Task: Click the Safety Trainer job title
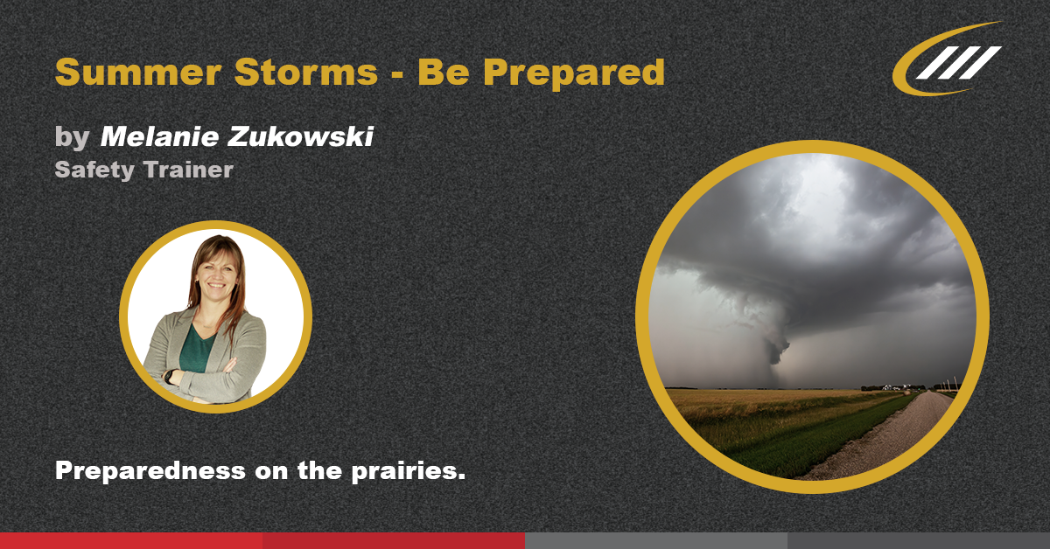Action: (143, 169)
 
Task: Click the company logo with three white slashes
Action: (948, 59)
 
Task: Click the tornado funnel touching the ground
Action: (773, 354)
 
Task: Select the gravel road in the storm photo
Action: (884, 437)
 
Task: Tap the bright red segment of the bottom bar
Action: (131, 540)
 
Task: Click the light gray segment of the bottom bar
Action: (656, 540)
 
